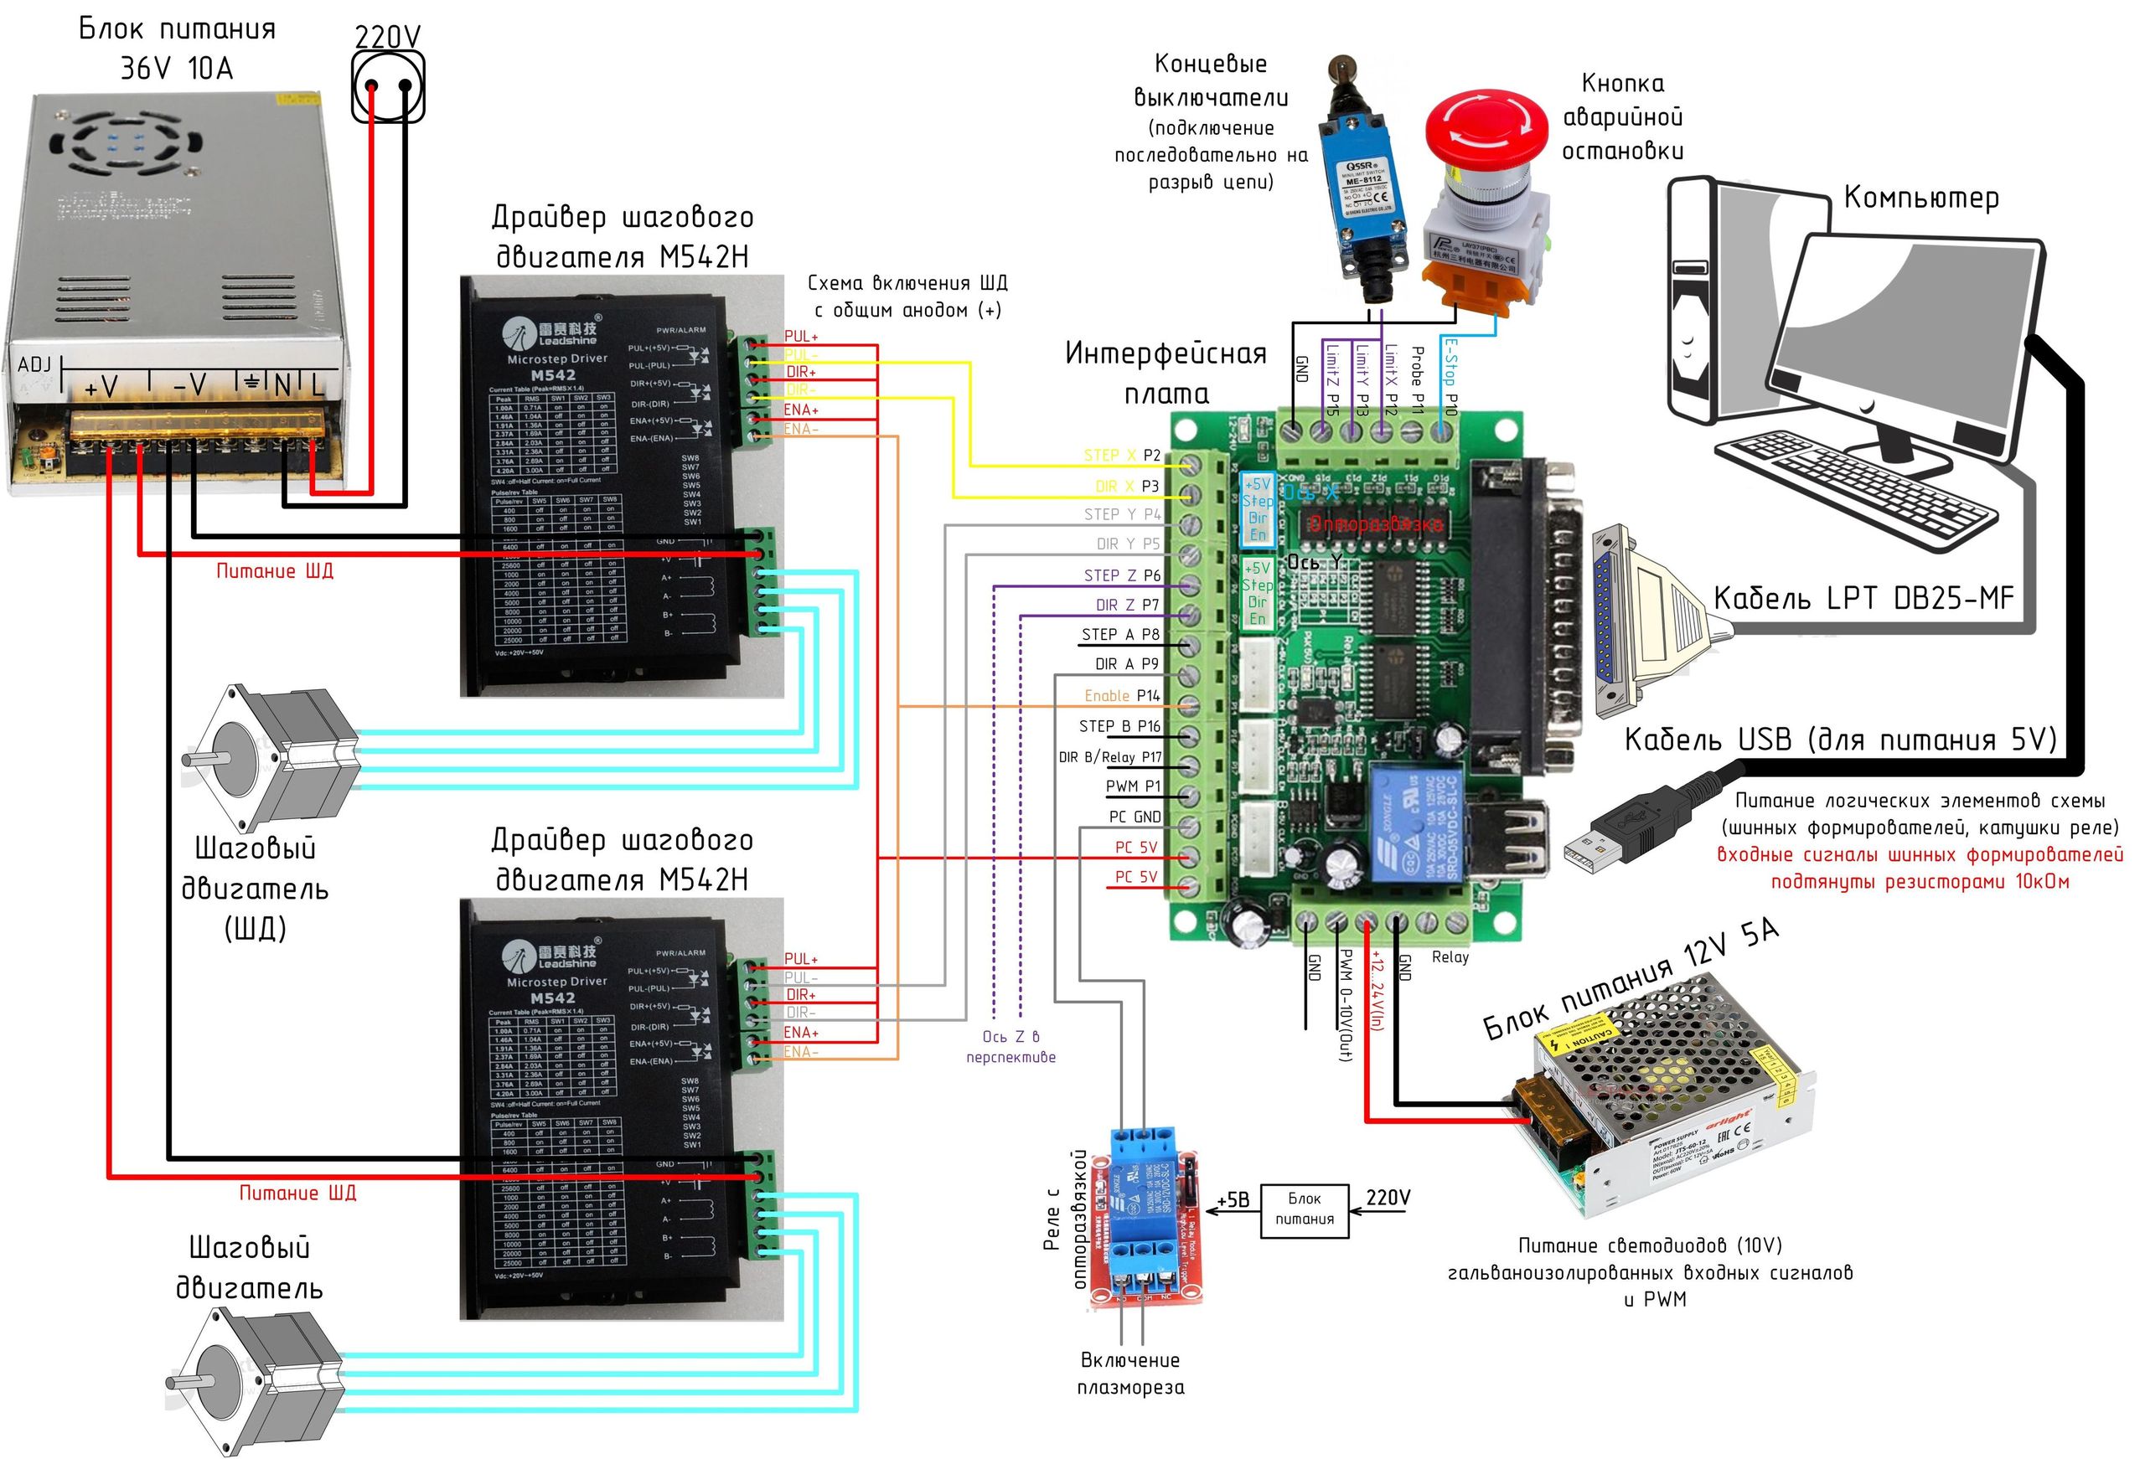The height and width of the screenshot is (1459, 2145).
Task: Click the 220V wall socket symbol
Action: pyautogui.click(x=388, y=85)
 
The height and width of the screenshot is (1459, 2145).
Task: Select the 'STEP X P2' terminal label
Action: pyautogui.click(x=1121, y=455)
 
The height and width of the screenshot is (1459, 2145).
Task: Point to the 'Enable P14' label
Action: pyautogui.click(x=1121, y=696)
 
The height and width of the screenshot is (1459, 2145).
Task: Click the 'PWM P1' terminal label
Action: pyautogui.click(x=1133, y=786)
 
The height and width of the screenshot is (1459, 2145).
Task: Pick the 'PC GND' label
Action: pyautogui.click(x=1135, y=817)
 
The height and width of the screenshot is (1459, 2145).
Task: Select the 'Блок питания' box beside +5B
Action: pyautogui.click(x=1304, y=1209)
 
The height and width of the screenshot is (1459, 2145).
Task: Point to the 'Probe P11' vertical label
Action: pyautogui.click(x=1419, y=379)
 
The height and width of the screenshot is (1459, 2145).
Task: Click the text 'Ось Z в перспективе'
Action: pyautogui.click(x=1010, y=1046)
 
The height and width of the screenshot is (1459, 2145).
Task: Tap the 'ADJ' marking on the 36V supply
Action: pyautogui.click(x=34, y=364)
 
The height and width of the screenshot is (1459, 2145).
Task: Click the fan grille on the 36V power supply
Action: pyautogui.click(x=125, y=143)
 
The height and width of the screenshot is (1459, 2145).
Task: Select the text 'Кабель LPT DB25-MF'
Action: pyautogui.click(x=1863, y=598)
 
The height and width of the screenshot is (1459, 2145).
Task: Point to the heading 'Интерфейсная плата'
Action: pyautogui.click(x=1166, y=373)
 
